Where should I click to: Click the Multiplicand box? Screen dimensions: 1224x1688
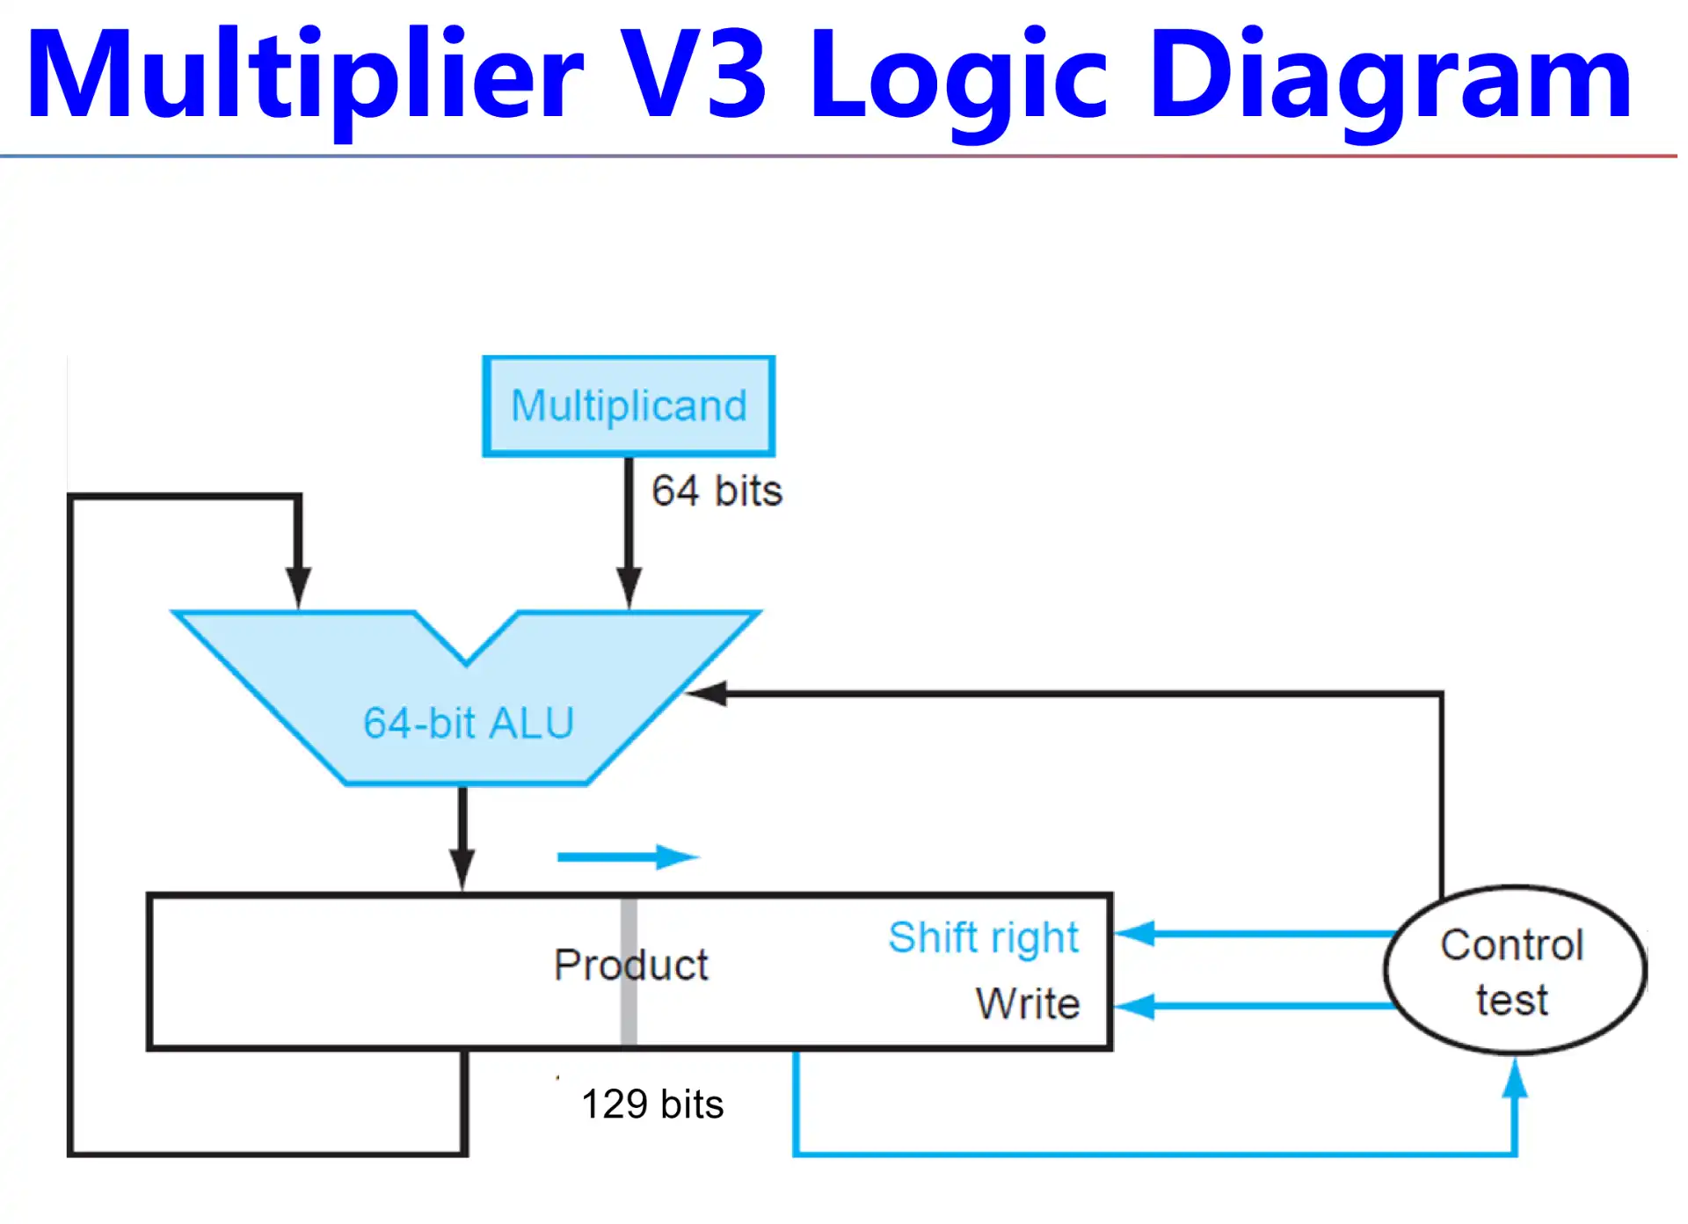pos(629,406)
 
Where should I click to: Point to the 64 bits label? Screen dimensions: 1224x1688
pos(717,491)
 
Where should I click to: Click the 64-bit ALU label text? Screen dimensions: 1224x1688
pos(469,724)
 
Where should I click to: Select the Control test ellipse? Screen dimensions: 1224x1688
pos(1514,971)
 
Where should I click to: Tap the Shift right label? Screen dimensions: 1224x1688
pos(983,937)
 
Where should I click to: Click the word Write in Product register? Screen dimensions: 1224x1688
pos(1027,1003)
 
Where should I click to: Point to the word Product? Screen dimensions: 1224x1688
pos(630,965)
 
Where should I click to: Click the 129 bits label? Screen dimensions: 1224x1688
pos(652,1104)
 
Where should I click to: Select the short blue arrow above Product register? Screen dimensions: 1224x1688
pos(627,856)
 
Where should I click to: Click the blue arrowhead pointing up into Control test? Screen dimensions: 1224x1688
pos(1514,1080)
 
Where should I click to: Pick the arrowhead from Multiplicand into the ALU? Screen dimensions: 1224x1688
pos(629,587)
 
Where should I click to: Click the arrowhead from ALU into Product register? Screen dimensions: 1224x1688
pos(462,870)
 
